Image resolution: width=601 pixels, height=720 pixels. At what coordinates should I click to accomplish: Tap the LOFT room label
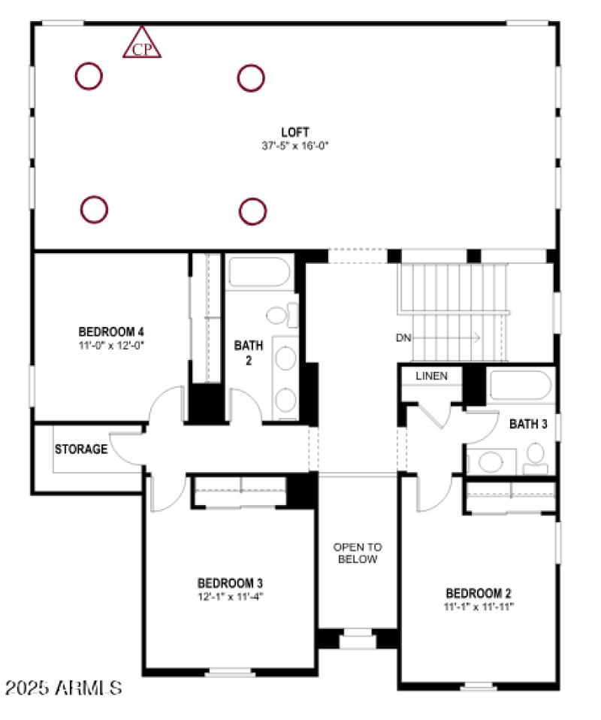(x=291, y=132)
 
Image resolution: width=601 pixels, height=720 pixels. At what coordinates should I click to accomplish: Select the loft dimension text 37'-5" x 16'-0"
(x=291, y=145)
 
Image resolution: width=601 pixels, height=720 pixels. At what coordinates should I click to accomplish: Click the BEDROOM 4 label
(x=111, y=331)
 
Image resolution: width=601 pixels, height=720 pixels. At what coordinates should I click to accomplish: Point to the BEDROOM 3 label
(x=230, y=583)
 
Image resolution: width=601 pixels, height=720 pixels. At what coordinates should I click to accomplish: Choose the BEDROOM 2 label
(x=479, y=592)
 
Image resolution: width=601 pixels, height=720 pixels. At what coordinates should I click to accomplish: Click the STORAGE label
(x=81, y=449)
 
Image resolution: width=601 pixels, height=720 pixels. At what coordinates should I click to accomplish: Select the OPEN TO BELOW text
(x=358, y=553)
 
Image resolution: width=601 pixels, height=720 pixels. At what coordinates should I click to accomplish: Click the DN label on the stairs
(x=403, y=338)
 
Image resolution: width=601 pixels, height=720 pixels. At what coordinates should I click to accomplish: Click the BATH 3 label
(x=528, y=425)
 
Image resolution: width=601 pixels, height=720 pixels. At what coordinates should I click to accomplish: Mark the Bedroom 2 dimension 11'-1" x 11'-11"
(x=479, y=605)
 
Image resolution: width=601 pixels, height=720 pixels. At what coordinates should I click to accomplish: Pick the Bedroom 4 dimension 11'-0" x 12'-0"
(x=111, y=345)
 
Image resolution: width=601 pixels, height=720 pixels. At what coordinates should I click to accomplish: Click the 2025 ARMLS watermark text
(x=63, y=687)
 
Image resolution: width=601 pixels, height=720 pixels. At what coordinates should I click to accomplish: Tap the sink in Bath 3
(x=492, y=460)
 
